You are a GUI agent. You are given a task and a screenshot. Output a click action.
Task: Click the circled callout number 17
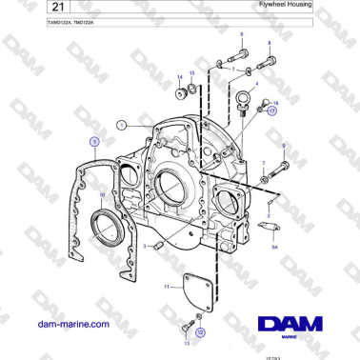click(x=271, y=110)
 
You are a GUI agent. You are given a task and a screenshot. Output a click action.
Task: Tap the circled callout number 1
click(x=121, y=124)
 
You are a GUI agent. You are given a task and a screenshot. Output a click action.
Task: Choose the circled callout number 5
click(x=94, y=142)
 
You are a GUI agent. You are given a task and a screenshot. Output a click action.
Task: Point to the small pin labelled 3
click(x=159, y=246)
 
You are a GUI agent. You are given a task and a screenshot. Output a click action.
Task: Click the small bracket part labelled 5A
click(x=267, y=226)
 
